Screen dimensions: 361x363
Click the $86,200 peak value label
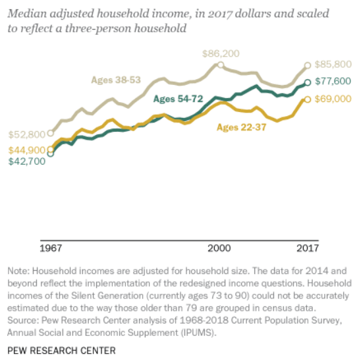click(221, 54)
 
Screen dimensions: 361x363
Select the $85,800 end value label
click(333, 65)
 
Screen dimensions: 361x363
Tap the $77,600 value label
click(333, 81)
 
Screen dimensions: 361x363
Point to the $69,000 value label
click(333, 99)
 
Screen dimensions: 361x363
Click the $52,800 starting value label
click(26, 134)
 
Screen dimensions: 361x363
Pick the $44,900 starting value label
click(26, 150)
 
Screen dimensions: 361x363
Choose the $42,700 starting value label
click(26, 161)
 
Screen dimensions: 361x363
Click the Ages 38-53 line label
click(116, 80)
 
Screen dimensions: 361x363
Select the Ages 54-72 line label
click(178, 99)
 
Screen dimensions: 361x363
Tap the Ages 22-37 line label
click(242, 127)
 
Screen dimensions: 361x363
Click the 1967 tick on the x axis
click(51, 248)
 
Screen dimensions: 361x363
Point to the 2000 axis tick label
click(219, 248)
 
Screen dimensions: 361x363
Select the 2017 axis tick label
click(308, 248)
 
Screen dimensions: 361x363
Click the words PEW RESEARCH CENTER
click(61, 350)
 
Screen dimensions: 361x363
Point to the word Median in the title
click(27, 13)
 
